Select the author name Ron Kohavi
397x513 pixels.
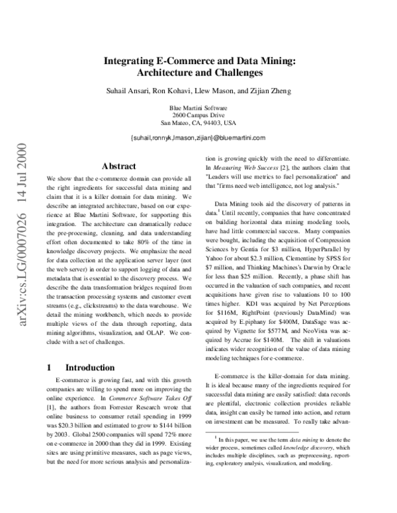pyautogui.click(x=175, y=90)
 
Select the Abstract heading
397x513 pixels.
pyautogui.click(x=119, y=167)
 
